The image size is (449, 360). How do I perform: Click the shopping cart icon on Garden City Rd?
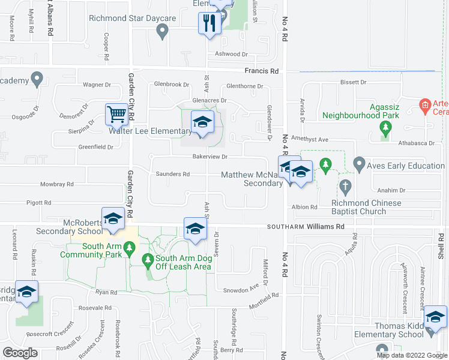point(116,113)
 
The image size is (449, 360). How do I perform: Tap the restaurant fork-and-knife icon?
point(208,23)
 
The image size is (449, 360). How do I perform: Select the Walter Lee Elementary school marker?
point(202,122)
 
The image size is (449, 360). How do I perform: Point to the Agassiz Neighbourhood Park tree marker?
point(385,128)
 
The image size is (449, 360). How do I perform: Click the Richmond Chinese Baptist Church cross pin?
point(345,187)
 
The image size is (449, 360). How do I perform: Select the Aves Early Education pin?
point(360,163)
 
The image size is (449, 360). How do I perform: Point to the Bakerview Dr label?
point(209,157)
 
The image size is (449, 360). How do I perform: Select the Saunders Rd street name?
point(173,174)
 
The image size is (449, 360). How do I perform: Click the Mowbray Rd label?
point(56,184)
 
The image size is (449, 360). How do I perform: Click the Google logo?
point(20,352)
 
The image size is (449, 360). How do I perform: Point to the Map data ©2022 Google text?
point(411,355)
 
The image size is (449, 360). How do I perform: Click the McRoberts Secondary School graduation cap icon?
point(112,218)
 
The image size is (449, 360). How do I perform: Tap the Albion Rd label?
point(305,207)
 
